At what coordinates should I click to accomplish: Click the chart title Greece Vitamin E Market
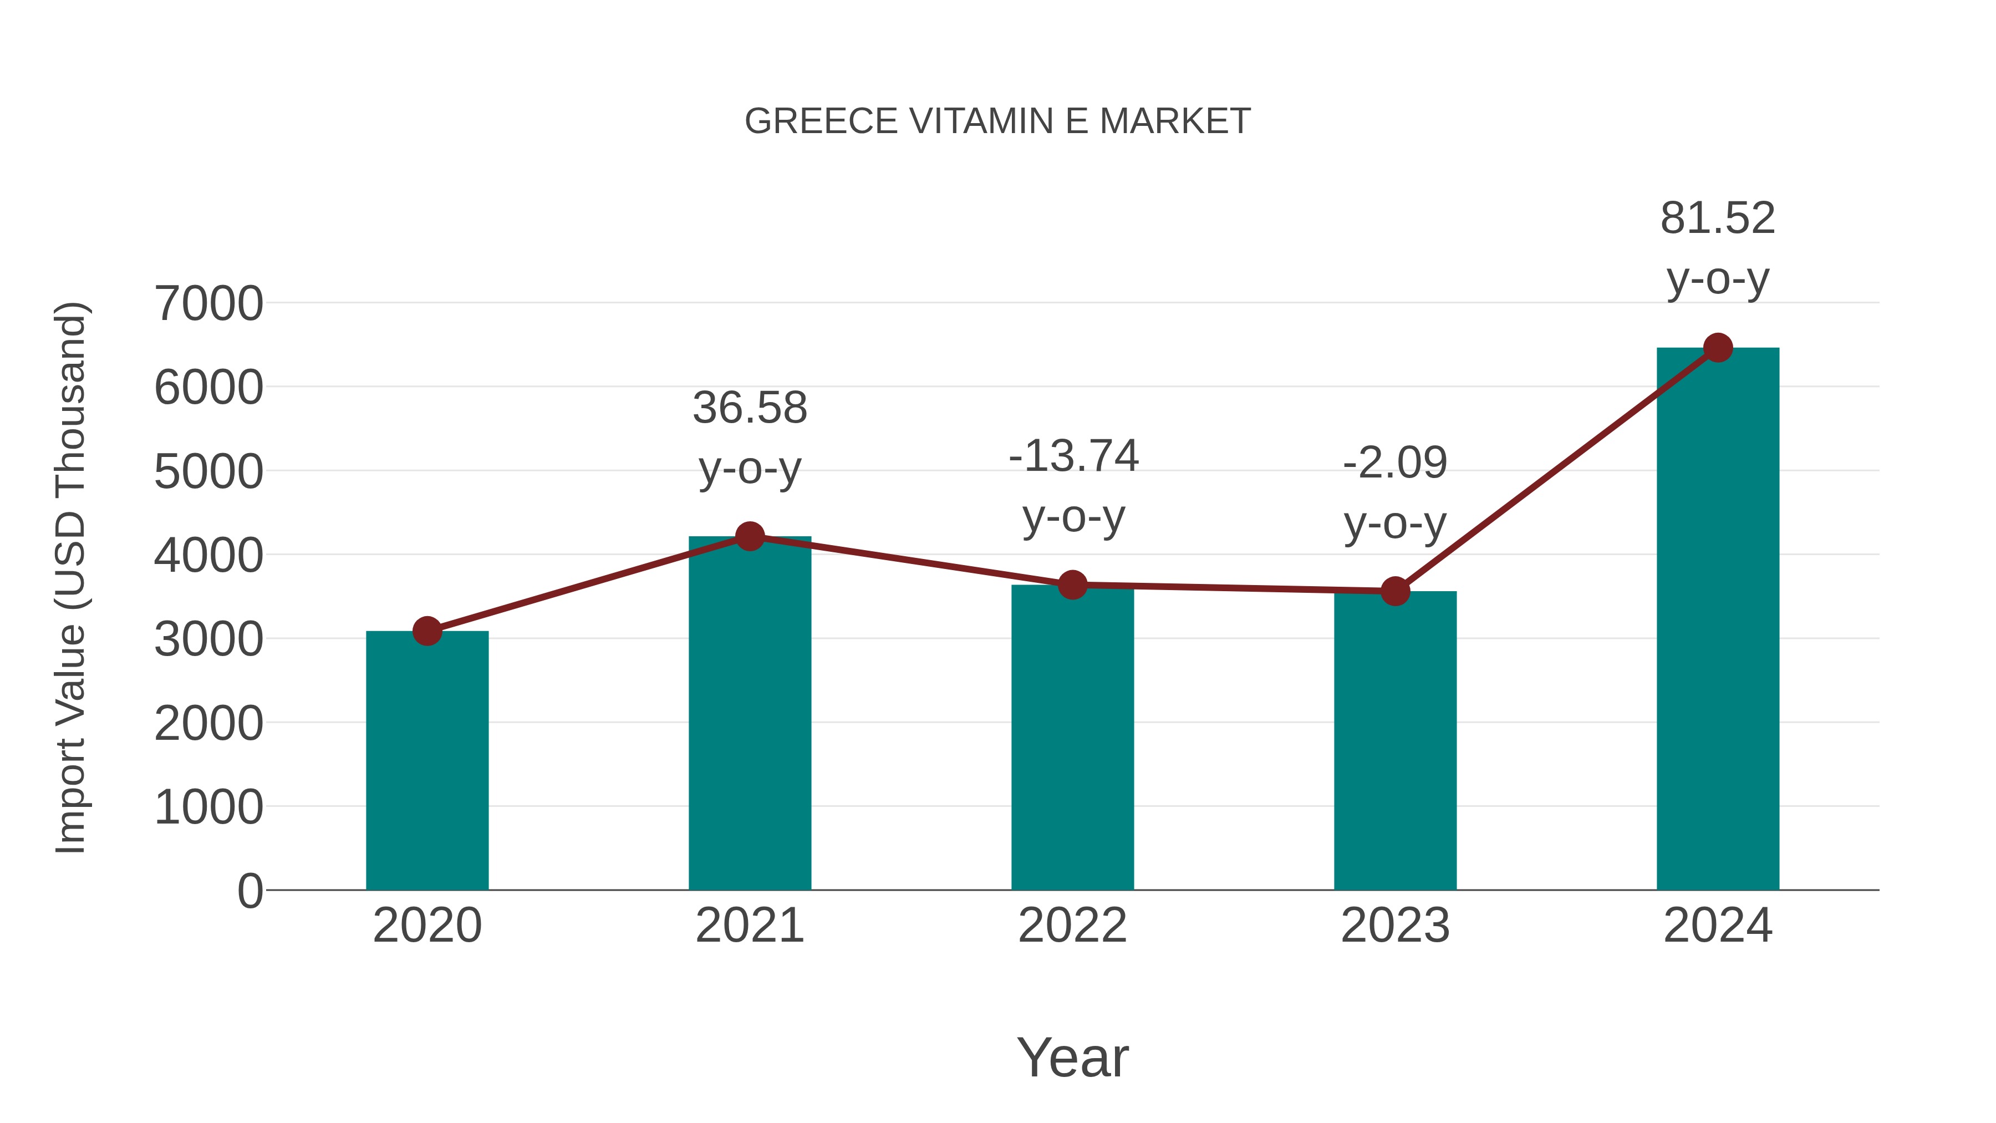[x=997, y=121]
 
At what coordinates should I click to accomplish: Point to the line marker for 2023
[x=1396, y=591]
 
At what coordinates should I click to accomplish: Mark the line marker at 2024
[x=1718, y=348]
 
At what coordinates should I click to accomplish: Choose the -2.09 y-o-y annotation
[x=1396, y=493]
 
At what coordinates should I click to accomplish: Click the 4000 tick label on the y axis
[x=208, y=555]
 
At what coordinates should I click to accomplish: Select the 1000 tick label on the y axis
[x=208, y=807]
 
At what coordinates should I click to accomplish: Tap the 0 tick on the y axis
[x=249, y=891]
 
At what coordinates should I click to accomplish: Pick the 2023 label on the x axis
[x=1396, y=926]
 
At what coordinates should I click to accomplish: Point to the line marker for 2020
[x=427, y=631]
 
